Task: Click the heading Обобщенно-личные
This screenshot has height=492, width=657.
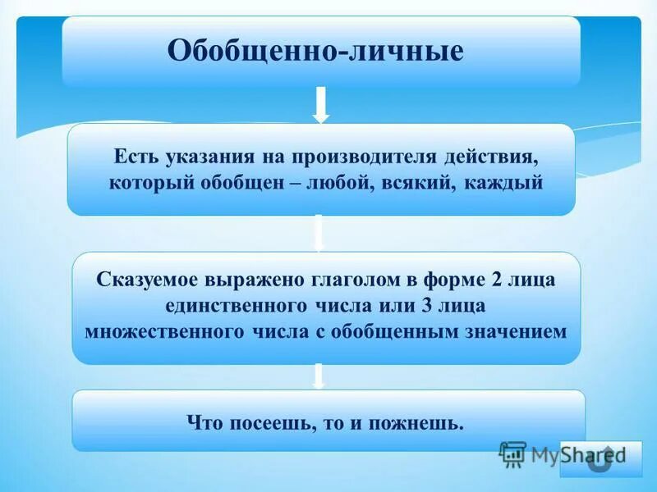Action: click(316, 52)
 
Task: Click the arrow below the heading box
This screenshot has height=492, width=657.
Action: click(321, 105)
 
